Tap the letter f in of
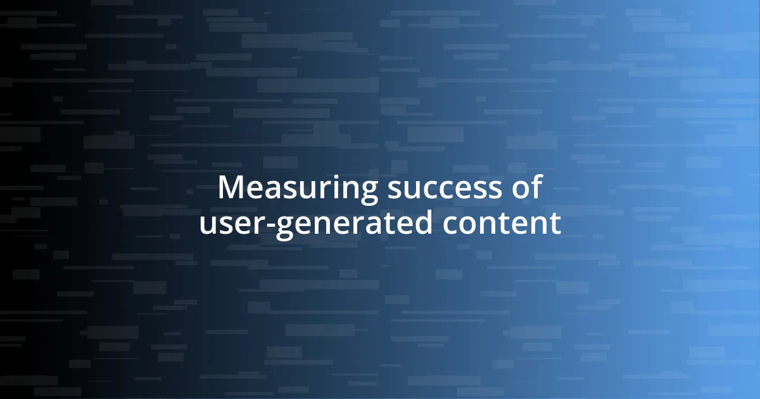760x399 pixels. click(x=537, y=187)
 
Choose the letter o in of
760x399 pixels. click(x=522, y=189)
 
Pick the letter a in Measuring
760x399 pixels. click(x=262, y=189)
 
